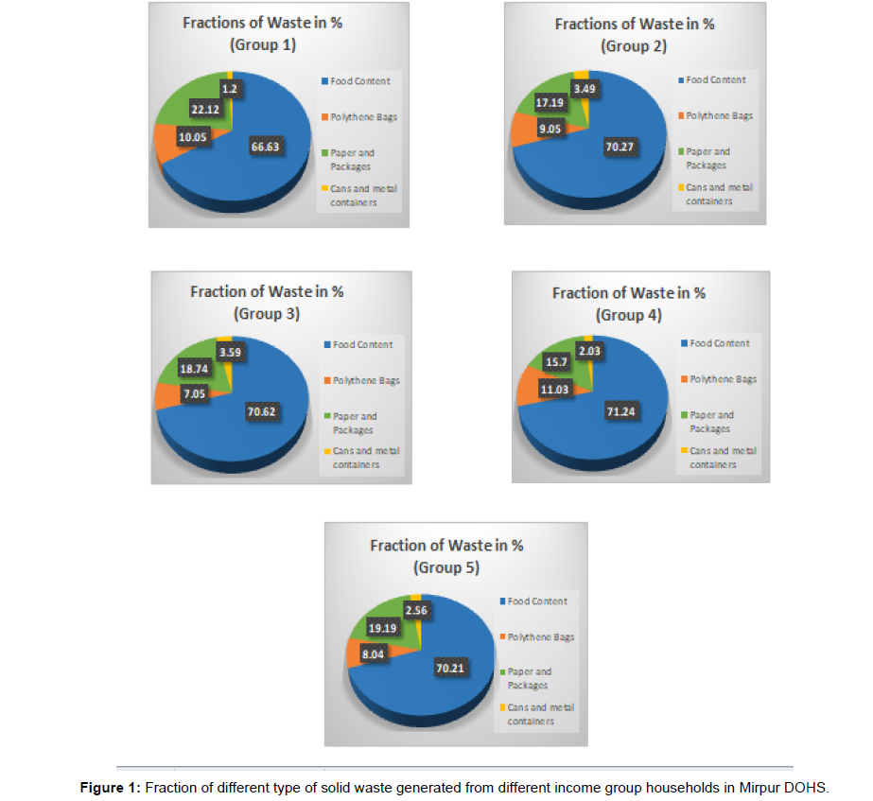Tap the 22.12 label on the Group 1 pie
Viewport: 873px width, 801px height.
pos(208,110)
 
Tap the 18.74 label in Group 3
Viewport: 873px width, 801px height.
pos(195,368)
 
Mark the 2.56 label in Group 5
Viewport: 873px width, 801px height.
pos(416,610)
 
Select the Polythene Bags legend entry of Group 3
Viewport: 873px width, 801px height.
pos(364,380)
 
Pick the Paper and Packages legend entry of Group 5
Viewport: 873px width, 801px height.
pos(530,678)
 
